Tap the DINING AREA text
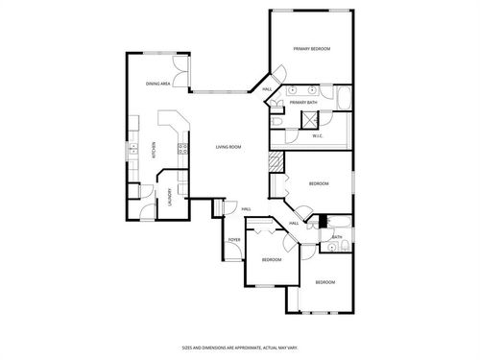(158, 84)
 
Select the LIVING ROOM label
(228, 147)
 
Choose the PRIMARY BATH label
(303, 102)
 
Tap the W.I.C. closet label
(318, 136)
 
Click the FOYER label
(234, 239)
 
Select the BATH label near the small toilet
(338, 236)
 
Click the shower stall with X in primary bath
(311, 119)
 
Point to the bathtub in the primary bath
(343, 100)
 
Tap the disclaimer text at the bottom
(240, 347)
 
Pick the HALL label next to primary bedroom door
(267, 89)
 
